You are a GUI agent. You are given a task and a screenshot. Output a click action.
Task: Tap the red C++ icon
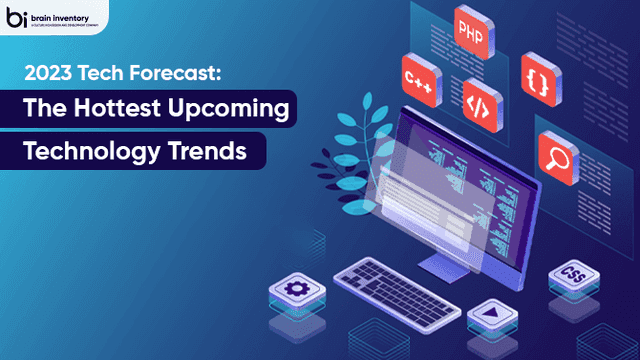[418, 76]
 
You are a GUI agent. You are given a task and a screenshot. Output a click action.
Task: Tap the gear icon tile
[295, 290]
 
